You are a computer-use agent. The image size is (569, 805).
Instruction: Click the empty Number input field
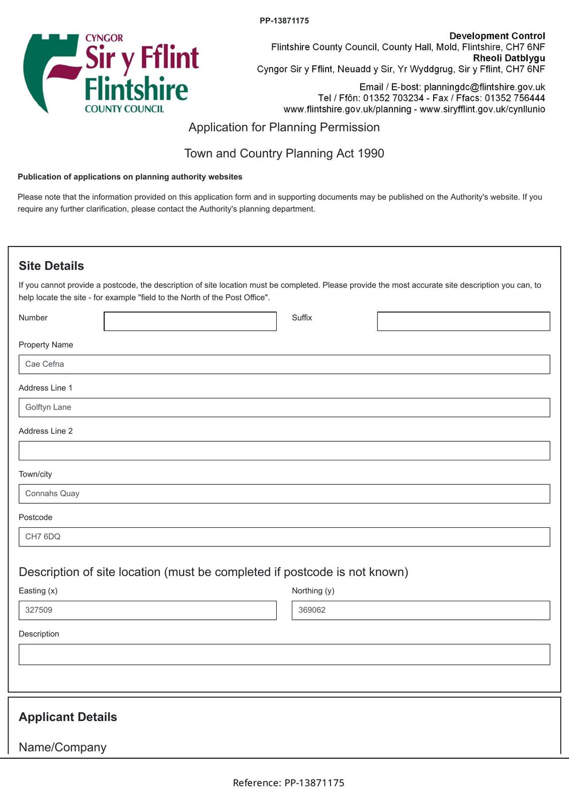coord(190,321)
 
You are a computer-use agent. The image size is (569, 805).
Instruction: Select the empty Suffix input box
coord(463,321)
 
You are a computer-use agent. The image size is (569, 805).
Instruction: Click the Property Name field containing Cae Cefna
coord(284,364)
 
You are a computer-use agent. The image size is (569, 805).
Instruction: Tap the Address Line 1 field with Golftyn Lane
coord(284,408)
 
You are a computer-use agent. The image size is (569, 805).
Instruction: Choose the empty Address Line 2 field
coord(284,450)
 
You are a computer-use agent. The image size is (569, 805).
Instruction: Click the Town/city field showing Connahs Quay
coord(284,494)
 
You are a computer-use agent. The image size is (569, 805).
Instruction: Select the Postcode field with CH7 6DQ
coord(284,537)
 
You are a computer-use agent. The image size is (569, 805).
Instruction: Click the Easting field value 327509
coord(147,610)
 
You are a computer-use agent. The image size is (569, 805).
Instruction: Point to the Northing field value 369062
coord(420,610)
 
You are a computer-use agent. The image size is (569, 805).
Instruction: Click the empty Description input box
coord(284,654)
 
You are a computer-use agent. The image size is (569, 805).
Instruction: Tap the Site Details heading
coord(51,266)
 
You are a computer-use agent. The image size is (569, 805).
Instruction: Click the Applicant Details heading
coord(68,717)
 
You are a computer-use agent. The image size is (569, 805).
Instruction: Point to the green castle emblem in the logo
coord(43,70)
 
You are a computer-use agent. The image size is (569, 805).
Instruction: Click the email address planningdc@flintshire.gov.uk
coord(484,87)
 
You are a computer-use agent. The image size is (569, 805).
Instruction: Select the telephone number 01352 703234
coord(393,98)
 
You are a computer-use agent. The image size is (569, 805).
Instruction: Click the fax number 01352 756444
coord(515,98)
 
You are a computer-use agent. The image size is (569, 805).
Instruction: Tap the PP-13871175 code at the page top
coord(284,21)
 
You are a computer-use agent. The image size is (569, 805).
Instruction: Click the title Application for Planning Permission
coord(284,127)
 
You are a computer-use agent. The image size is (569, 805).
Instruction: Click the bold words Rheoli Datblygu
coord(509,58)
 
